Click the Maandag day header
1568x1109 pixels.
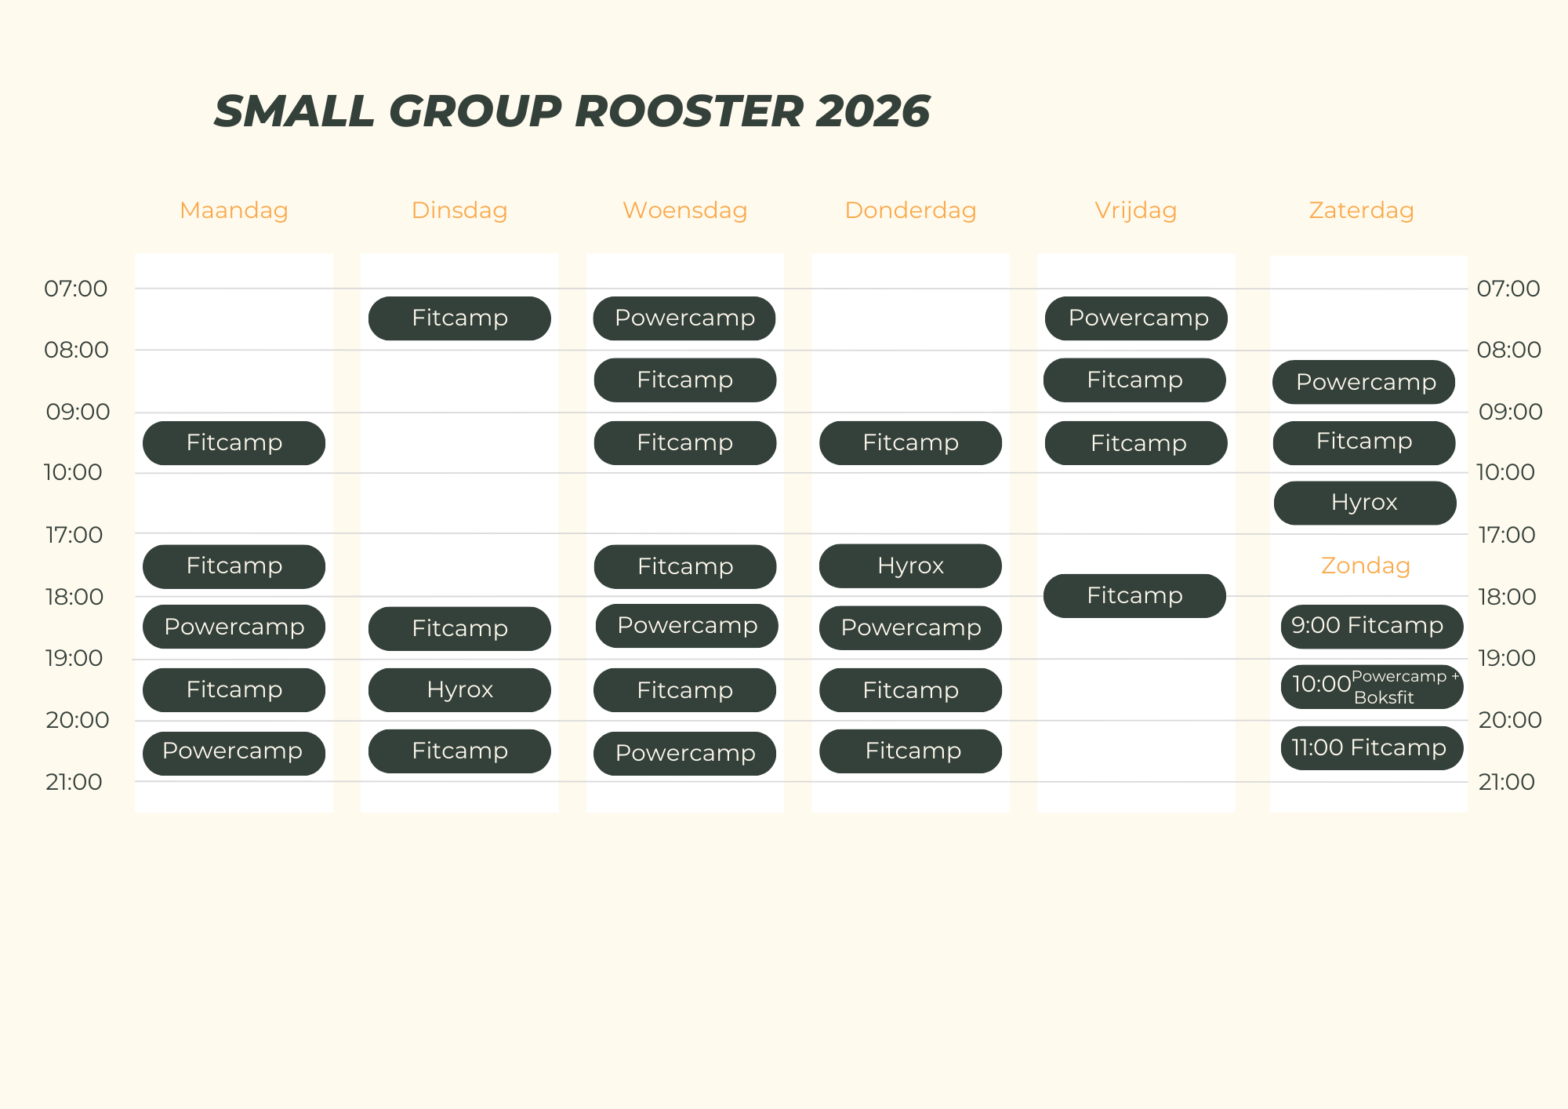coord(234,210)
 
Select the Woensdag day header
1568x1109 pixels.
coord(684,210)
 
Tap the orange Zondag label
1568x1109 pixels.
coord(1365,565)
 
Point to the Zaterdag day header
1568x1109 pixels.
coord(1361,210)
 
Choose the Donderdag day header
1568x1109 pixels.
coord(910,210)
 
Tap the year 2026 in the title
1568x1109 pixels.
coord(873,111)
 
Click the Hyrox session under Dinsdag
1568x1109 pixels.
coord(459,690)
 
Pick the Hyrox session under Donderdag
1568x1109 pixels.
coord(910,566)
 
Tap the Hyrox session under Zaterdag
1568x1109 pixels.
coord(1365,503)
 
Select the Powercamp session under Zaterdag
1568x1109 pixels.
coord(1364,382)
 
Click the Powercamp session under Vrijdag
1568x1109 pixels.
coord(1136,318)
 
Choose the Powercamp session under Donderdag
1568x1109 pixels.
coord(910,627)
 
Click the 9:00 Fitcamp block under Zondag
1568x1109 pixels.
coord(1372,626)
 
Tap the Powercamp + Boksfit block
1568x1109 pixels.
coord(1372,687)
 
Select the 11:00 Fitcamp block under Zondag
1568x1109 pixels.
coord(1372,748)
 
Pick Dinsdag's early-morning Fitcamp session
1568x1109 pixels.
coord(459,318)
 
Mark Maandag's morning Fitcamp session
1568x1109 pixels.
coord(234,443)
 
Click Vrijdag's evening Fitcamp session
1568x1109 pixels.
coord(1134,596)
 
